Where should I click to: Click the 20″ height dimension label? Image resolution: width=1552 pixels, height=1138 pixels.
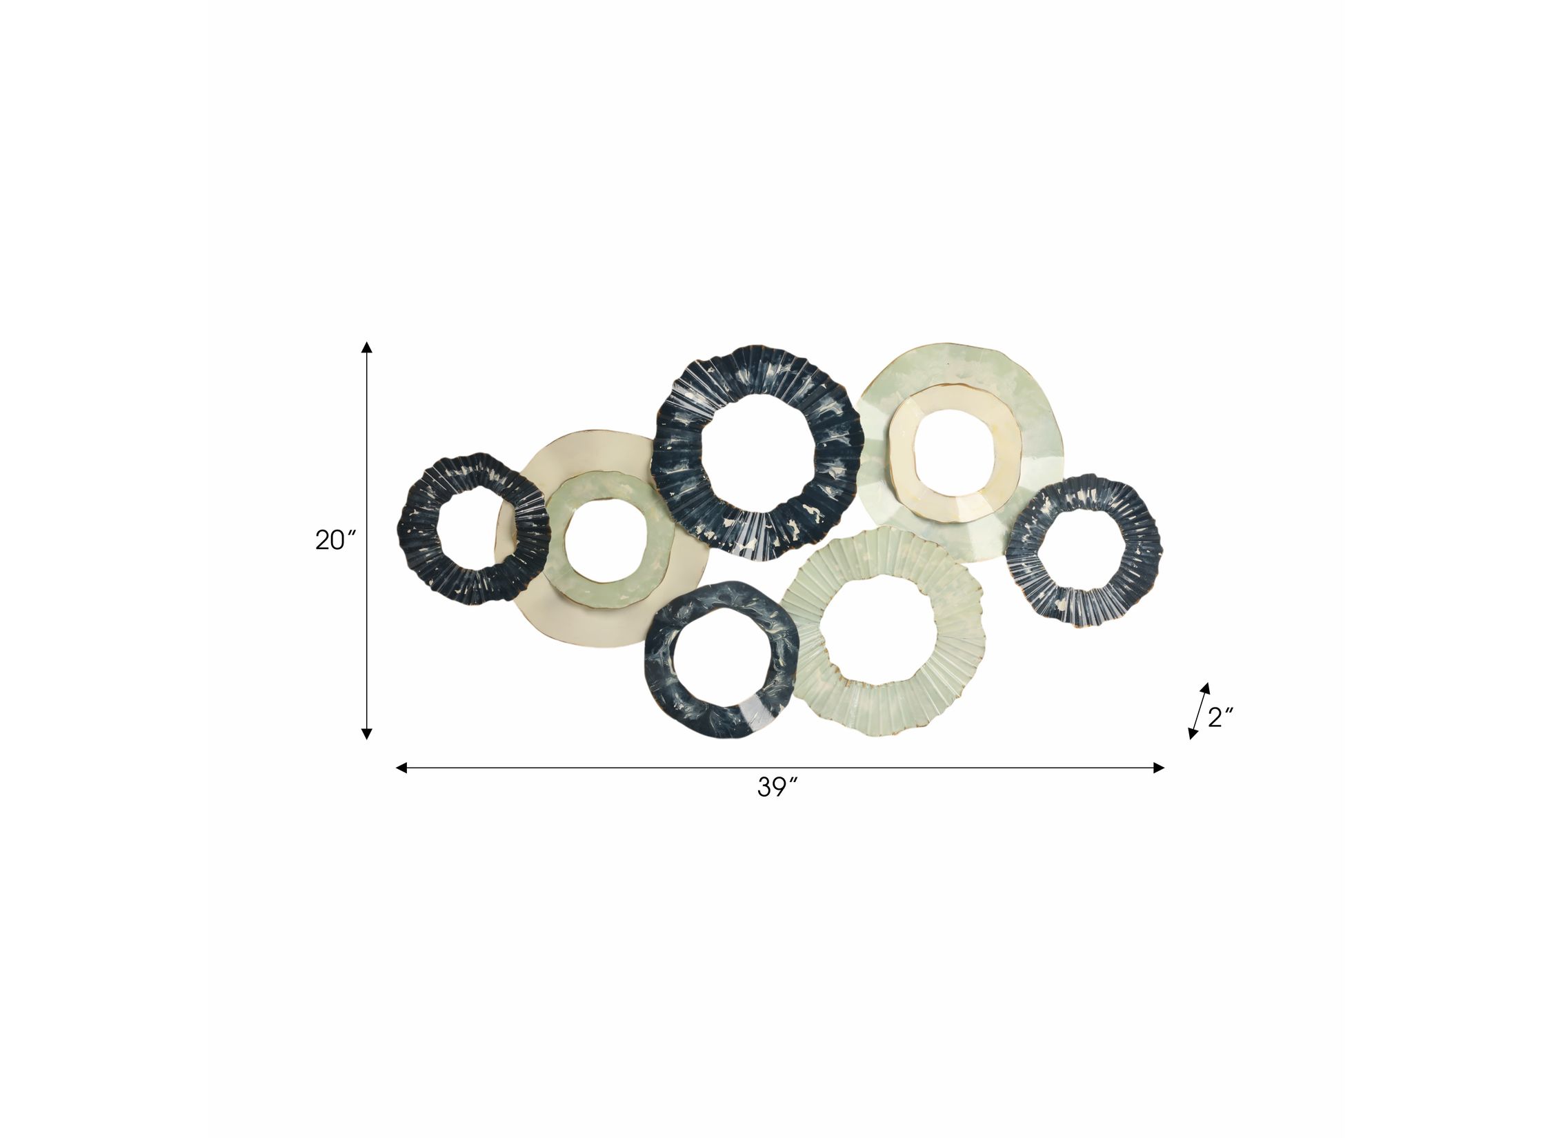click(x=335, y=540)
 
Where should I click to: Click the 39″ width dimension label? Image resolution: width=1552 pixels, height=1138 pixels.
click(x=777, y=787)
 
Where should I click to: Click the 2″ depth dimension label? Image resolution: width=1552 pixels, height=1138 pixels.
click(x=1220, y=718)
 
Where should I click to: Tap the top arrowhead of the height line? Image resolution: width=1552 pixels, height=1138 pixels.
click(x=367, y=347)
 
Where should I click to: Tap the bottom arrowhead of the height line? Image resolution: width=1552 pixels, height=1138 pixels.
click(x=367, y=733)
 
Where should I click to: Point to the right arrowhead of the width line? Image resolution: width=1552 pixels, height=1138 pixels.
click(x=1159, y=768)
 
